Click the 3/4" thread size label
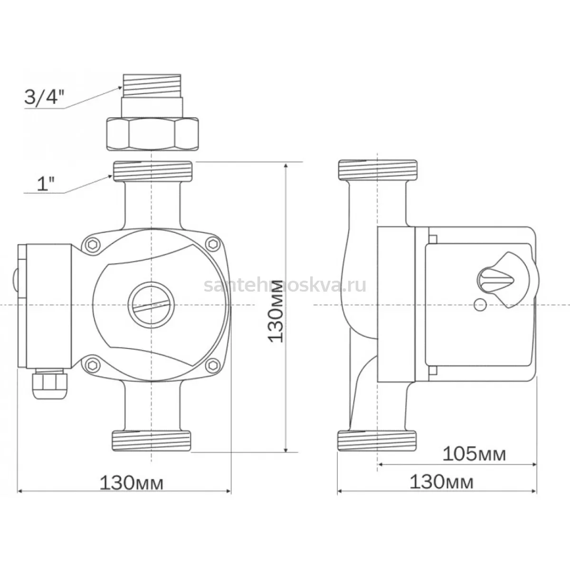[45, 97]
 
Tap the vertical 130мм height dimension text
[275, 311]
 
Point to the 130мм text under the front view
[131, 483]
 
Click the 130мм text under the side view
[441, 483]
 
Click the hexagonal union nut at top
[152, 134]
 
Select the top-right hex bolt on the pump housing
[212, 244]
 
